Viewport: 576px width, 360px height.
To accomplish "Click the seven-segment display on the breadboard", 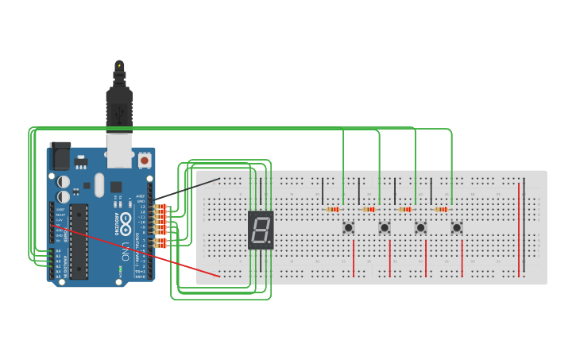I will [x=260, y=230].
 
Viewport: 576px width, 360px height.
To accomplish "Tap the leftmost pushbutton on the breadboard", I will [x=348, y=228].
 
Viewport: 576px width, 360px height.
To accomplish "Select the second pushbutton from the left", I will [x=385, y=228].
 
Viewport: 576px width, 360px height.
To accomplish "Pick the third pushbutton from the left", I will [x=420, y=228].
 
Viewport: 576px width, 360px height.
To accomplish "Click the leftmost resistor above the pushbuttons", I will [x=333, y=210].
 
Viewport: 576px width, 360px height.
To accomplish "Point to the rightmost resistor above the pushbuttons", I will [x=441, y=210].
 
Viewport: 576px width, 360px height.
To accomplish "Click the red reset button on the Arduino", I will [x=144, y=160].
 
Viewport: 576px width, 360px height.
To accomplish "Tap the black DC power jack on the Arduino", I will [x=60, y=156].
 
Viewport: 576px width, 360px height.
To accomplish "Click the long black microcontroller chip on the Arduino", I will [x=79, y=241].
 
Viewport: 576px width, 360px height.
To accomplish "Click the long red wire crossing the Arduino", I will [x=135, y=251].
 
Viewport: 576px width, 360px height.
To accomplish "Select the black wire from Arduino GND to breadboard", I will [x=187, y=188].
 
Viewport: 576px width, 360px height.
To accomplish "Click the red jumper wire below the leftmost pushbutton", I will [x=354, y=258].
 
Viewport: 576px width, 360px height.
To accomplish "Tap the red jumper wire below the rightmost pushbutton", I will [x=462, y=258].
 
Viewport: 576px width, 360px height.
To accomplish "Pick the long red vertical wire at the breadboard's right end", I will [x=519, y=227].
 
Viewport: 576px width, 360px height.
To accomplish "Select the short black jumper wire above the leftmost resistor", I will [x=323, y=191].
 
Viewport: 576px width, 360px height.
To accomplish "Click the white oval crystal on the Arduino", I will [x=99, y=185].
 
